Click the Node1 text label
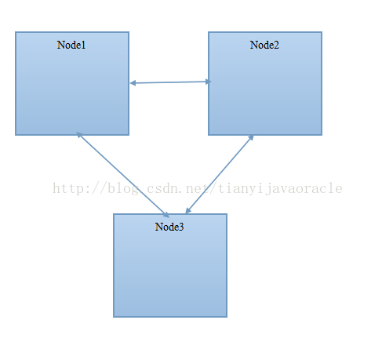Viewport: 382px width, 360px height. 71,45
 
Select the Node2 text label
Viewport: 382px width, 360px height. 264,45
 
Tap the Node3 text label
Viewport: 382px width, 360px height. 169,227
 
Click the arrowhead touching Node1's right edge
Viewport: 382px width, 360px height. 133,83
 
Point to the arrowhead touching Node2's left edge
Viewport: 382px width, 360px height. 208,82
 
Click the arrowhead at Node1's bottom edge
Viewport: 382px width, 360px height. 79,134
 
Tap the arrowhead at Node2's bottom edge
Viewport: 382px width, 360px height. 251,137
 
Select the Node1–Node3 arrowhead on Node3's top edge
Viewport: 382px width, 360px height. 166,215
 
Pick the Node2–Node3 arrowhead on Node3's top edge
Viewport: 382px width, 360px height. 188,210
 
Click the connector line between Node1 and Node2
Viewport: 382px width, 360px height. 170,82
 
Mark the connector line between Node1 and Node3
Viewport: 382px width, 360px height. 123,175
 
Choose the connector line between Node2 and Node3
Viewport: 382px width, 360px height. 220,174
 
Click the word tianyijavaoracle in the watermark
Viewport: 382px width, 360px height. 280,189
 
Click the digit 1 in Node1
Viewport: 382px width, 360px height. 83,45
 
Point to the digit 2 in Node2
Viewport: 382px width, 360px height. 276,45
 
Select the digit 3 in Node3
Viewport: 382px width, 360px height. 180,227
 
